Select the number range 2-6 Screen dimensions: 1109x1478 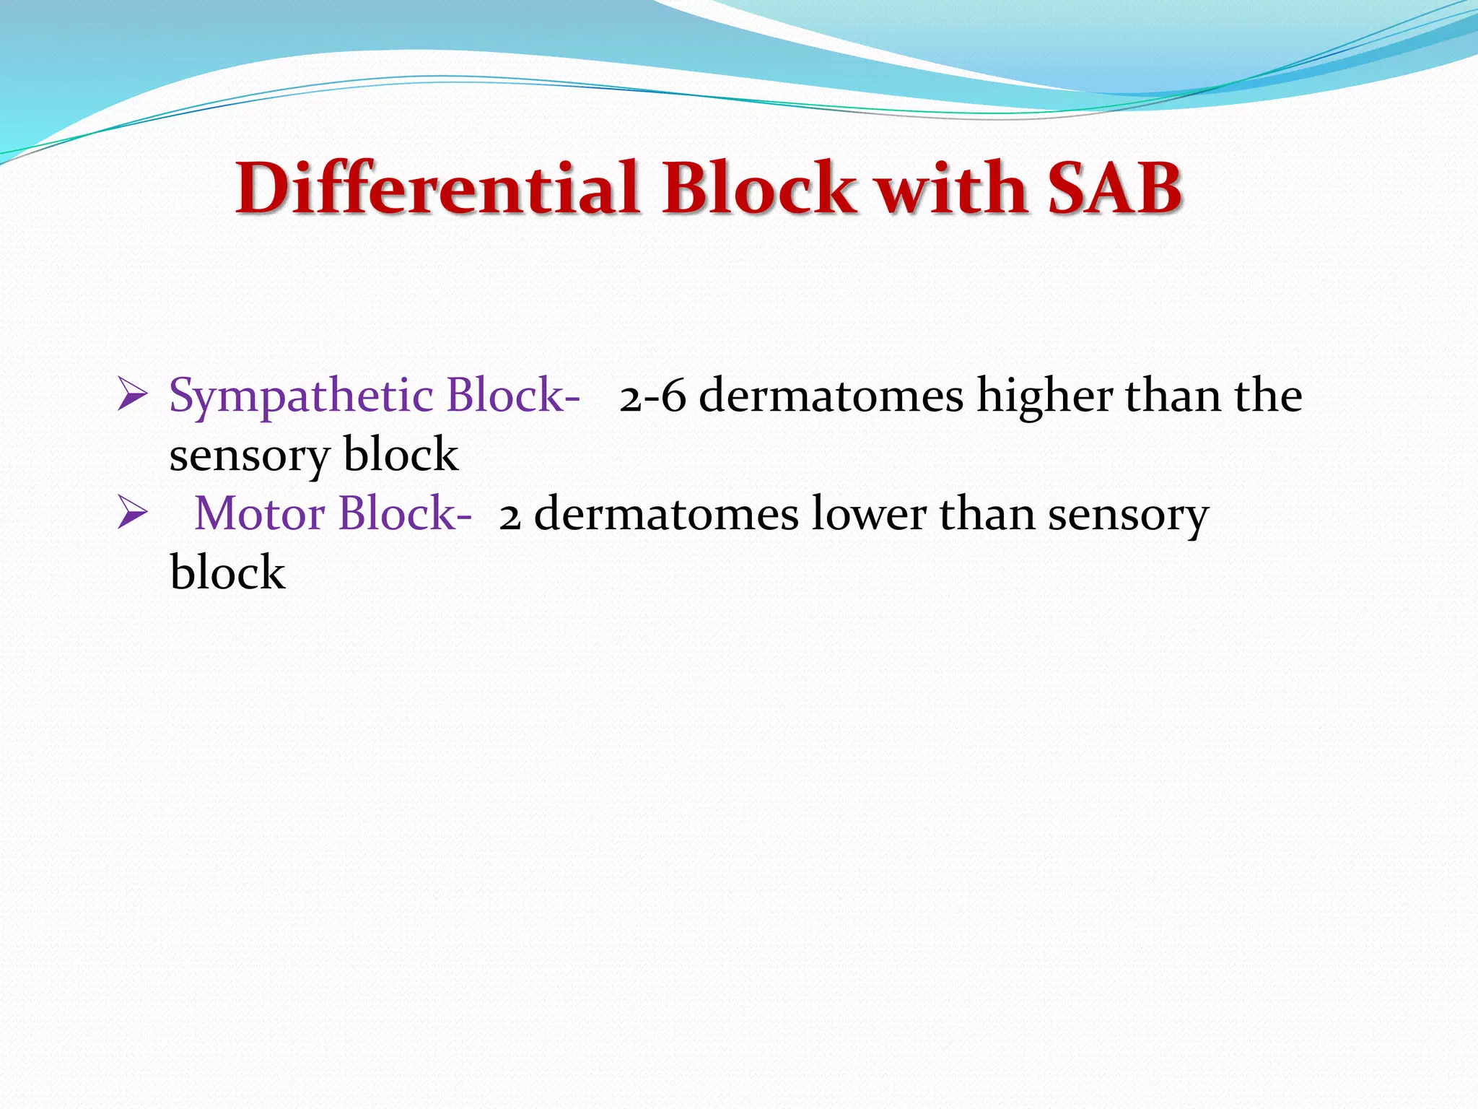[x=652, y=397]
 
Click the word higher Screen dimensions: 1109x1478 [x=1044, y=397]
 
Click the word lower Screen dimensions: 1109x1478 [x=868, y=514]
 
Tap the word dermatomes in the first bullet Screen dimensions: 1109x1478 [x=831, y=397]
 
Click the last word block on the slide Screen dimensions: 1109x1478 [x=227, y=573]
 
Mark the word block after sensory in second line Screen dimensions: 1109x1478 [x=401, y=455]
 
